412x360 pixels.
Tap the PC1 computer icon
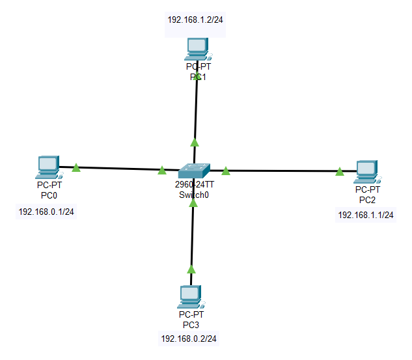(x=197, y=49)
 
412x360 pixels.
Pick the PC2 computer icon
(x=366, y=171)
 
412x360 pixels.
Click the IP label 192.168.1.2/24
(x=196, y=20)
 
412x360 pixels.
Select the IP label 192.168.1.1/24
(x=366, y=215)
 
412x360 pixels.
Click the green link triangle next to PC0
(x=76, y=167)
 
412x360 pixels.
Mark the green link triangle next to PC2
(x=340, y=171)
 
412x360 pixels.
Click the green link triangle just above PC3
(x=191, y=268)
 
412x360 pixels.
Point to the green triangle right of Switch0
(x=225, y=171)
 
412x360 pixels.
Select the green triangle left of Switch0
(x=161, y=170)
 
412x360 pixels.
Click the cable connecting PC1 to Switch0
(x=195, y=111)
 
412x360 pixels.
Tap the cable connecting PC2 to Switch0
(x=286, y=171)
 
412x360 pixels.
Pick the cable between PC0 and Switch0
(x=117, y=169)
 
